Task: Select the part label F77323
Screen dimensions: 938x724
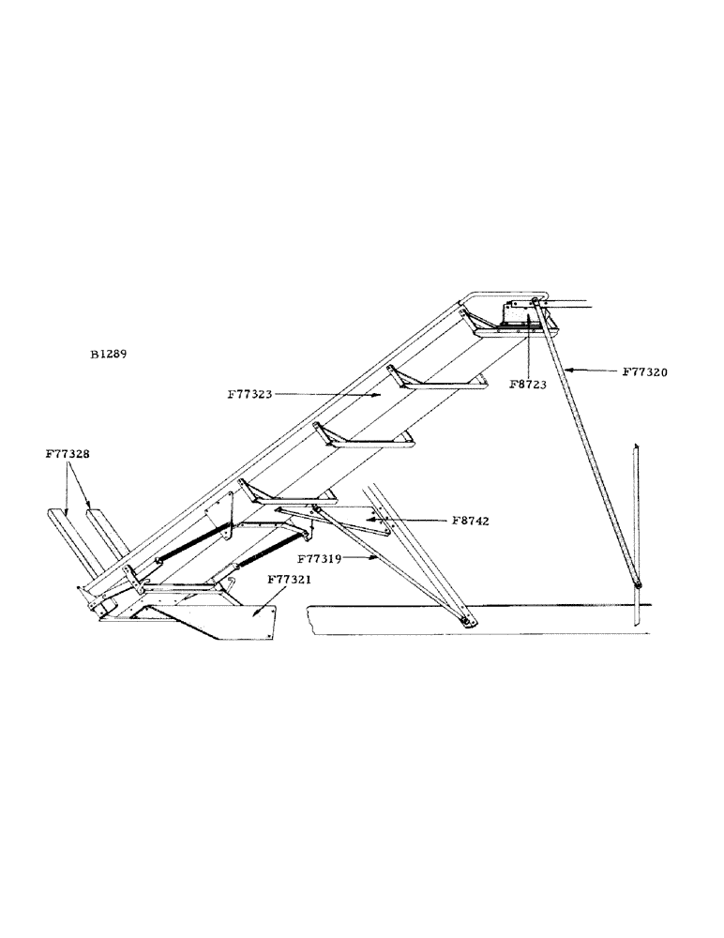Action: point(249,395)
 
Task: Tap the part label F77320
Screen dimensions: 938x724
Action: point(645,371)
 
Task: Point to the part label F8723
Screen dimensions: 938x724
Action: point(528,384)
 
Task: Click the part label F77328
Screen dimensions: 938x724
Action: point(68,453)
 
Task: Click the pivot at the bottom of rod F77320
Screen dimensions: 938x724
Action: point(638,586)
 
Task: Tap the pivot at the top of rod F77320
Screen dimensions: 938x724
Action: point(535,301)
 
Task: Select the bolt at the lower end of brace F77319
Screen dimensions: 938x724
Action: point(466,621)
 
